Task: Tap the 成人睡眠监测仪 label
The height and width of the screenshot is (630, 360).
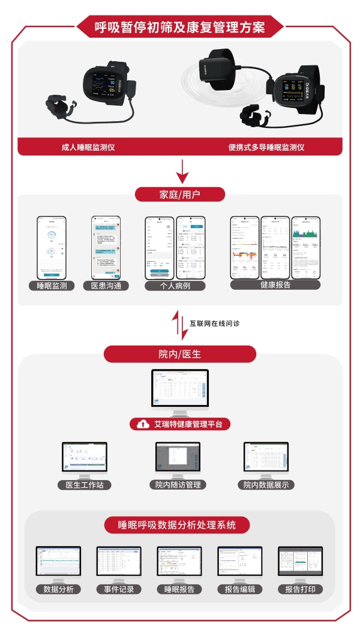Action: click(x=89, y=146)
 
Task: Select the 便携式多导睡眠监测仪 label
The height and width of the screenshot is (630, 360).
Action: click(x=266, y=146)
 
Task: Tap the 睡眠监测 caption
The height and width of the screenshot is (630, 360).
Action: click(x=52, y=286)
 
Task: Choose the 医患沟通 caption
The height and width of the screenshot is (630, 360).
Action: click(x=106, y=286)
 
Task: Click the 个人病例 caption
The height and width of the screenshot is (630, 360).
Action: click(x=175, y=286)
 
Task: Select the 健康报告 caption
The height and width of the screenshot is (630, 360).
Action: click(x=275, y=285)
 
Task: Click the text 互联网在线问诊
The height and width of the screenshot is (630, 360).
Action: click(x=215, y=323)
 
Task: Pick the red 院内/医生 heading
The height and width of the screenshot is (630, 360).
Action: click(x=180, y=354)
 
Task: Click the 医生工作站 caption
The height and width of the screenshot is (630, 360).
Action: click(x=85, y=484)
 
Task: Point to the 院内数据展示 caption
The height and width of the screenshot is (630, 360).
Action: click(x=266, y=484)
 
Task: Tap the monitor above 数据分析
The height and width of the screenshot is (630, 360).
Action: click(x=58, y=561)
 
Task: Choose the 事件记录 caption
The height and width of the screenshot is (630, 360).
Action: click(x=119, y=589)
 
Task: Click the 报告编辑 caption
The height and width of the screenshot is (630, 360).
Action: click(x=240, y=589)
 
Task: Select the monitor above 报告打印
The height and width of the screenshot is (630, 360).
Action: click(x=300, y=561)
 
